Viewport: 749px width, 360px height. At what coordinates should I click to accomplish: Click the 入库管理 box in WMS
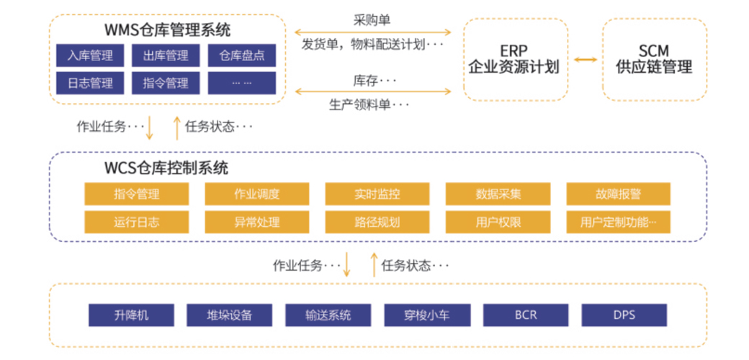pyautogui.click(x=90, y=55)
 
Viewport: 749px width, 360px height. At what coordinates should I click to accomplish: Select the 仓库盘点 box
pyautogui.click(x=242, y=55)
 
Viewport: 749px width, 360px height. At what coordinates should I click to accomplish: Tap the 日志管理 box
pyautogui.click(x=90, y=83)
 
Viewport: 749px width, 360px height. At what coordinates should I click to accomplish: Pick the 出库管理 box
pyautogui.click(x=165, y=55)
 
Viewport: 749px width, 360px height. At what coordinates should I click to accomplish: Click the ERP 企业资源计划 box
pyautogui.click(x=516, y=59)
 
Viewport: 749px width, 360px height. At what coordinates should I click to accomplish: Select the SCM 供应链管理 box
pyautogui.click(x=655, y=59)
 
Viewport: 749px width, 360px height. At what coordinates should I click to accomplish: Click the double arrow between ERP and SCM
pyautogui.click(x=585, y=60)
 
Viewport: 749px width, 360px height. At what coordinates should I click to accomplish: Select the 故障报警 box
pyautogui.click(x=618, y=194)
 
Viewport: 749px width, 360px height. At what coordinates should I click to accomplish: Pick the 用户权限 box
pyautogui.click(x=498, y=222)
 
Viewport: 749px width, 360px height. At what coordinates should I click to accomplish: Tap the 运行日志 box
pyautogui.click(x=137, y=222)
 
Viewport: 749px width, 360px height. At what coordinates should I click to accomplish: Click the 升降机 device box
pyautogui.click(x=131, y=315)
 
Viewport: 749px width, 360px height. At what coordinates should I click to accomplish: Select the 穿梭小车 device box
pyautogui.click(x=427, y=315)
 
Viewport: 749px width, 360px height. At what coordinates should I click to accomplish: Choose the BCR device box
pyautogui.click(x=526, y=315)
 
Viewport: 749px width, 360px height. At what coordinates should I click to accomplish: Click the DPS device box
pyautogui.click(x=624, y=315)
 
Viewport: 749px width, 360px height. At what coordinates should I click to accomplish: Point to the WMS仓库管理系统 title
pyautogui.click(x=167, y=30)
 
